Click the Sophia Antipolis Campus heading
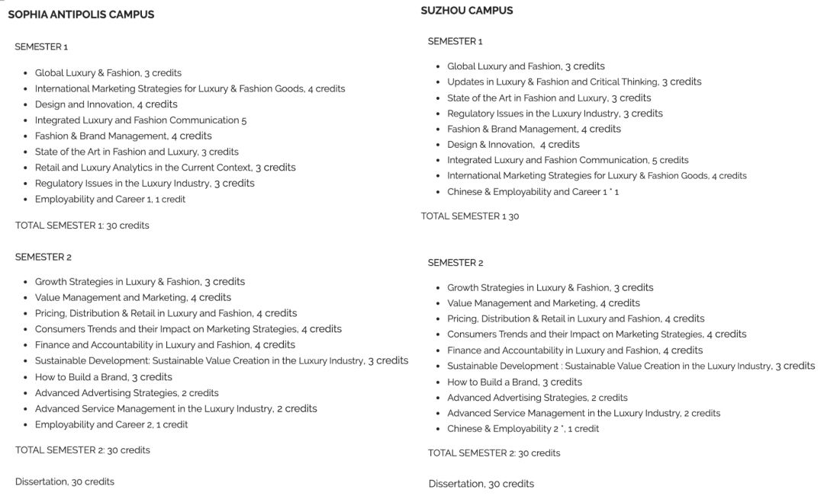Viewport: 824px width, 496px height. (x=81, y=14)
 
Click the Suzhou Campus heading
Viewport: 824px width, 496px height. (x=467, y=11)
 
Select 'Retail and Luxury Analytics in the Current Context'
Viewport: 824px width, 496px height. (x=165, y=168)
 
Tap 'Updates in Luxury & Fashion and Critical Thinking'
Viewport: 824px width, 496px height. (x=574, y=82)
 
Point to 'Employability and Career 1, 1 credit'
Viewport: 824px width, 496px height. (x=110, y=200)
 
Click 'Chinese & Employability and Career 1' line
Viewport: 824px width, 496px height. (x=533, y=192)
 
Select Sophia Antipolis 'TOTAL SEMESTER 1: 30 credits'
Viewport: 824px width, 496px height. (x=82, y=226)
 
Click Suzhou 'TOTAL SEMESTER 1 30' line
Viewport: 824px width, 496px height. (x=470, y=216)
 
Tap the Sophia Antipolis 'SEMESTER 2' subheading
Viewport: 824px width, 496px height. (x=43, y=258)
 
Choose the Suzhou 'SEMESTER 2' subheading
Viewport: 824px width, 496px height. (x=455, y=263)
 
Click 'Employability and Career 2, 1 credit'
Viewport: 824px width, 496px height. (x=111, y=425)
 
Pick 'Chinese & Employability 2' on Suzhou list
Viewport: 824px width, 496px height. (x=523, y=429)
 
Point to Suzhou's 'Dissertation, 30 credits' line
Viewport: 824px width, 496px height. (x=481, y=484)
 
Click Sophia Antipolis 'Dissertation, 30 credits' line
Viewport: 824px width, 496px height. (x=65, y=482)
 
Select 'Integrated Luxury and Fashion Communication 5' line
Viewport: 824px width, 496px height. (x=140, y=120)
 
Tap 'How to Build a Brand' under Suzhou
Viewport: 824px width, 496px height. (x=514, y=382)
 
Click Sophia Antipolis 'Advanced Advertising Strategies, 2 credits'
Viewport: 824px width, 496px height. (x=127, y=393)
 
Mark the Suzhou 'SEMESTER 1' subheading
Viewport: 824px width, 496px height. (x=455, y=41)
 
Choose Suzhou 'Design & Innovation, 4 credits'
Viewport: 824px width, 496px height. (x=513, y=145)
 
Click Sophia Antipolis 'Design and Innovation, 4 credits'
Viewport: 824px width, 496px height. (x=106, y=104)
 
